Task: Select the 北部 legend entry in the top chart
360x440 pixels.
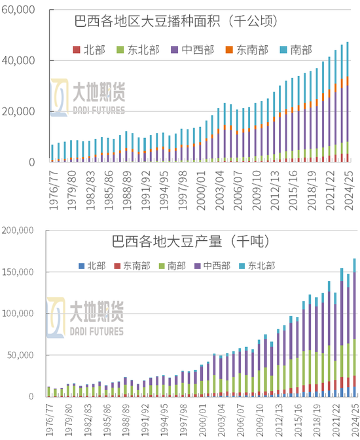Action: [x=90, y=49]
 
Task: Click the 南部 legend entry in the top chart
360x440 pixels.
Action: [x=295, y=49]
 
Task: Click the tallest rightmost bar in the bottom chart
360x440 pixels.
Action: [x=354, y=327]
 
